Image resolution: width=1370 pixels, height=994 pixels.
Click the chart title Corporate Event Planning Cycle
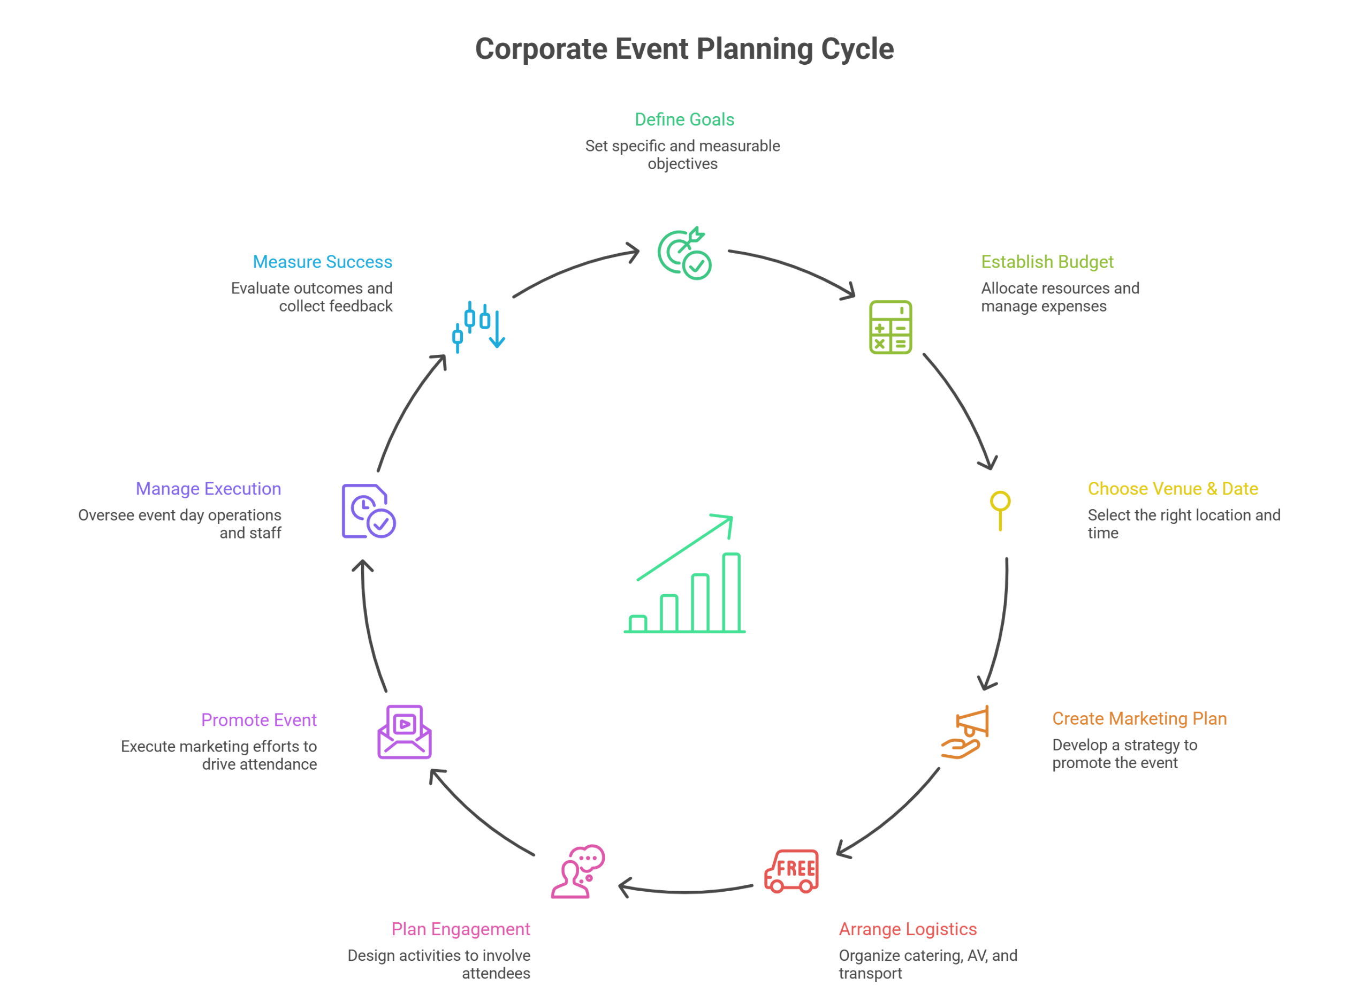[684, 49]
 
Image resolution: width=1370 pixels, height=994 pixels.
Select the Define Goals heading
[684, 120]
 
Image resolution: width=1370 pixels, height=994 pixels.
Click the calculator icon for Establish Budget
[890, 327]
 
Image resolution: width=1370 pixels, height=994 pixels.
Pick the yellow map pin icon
[1000, 510]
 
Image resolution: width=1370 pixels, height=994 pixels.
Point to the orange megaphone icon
[966, 731]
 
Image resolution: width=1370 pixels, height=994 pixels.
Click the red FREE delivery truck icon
[791, 871]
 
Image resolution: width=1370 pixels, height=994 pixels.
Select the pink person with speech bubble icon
[577, 871]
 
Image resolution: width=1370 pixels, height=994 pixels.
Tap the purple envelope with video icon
[404, 731]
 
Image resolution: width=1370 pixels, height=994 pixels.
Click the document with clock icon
[367, 511]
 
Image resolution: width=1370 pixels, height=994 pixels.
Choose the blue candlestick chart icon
[478, 327]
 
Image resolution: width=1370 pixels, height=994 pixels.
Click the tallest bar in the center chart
[731, 592]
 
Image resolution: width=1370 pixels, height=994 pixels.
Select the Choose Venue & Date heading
[1173, 489]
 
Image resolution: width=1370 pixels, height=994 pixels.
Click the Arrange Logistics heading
[907, 929]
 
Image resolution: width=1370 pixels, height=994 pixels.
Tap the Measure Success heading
[323, 262]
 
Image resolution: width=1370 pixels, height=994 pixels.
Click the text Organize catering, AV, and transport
[927, 964]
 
